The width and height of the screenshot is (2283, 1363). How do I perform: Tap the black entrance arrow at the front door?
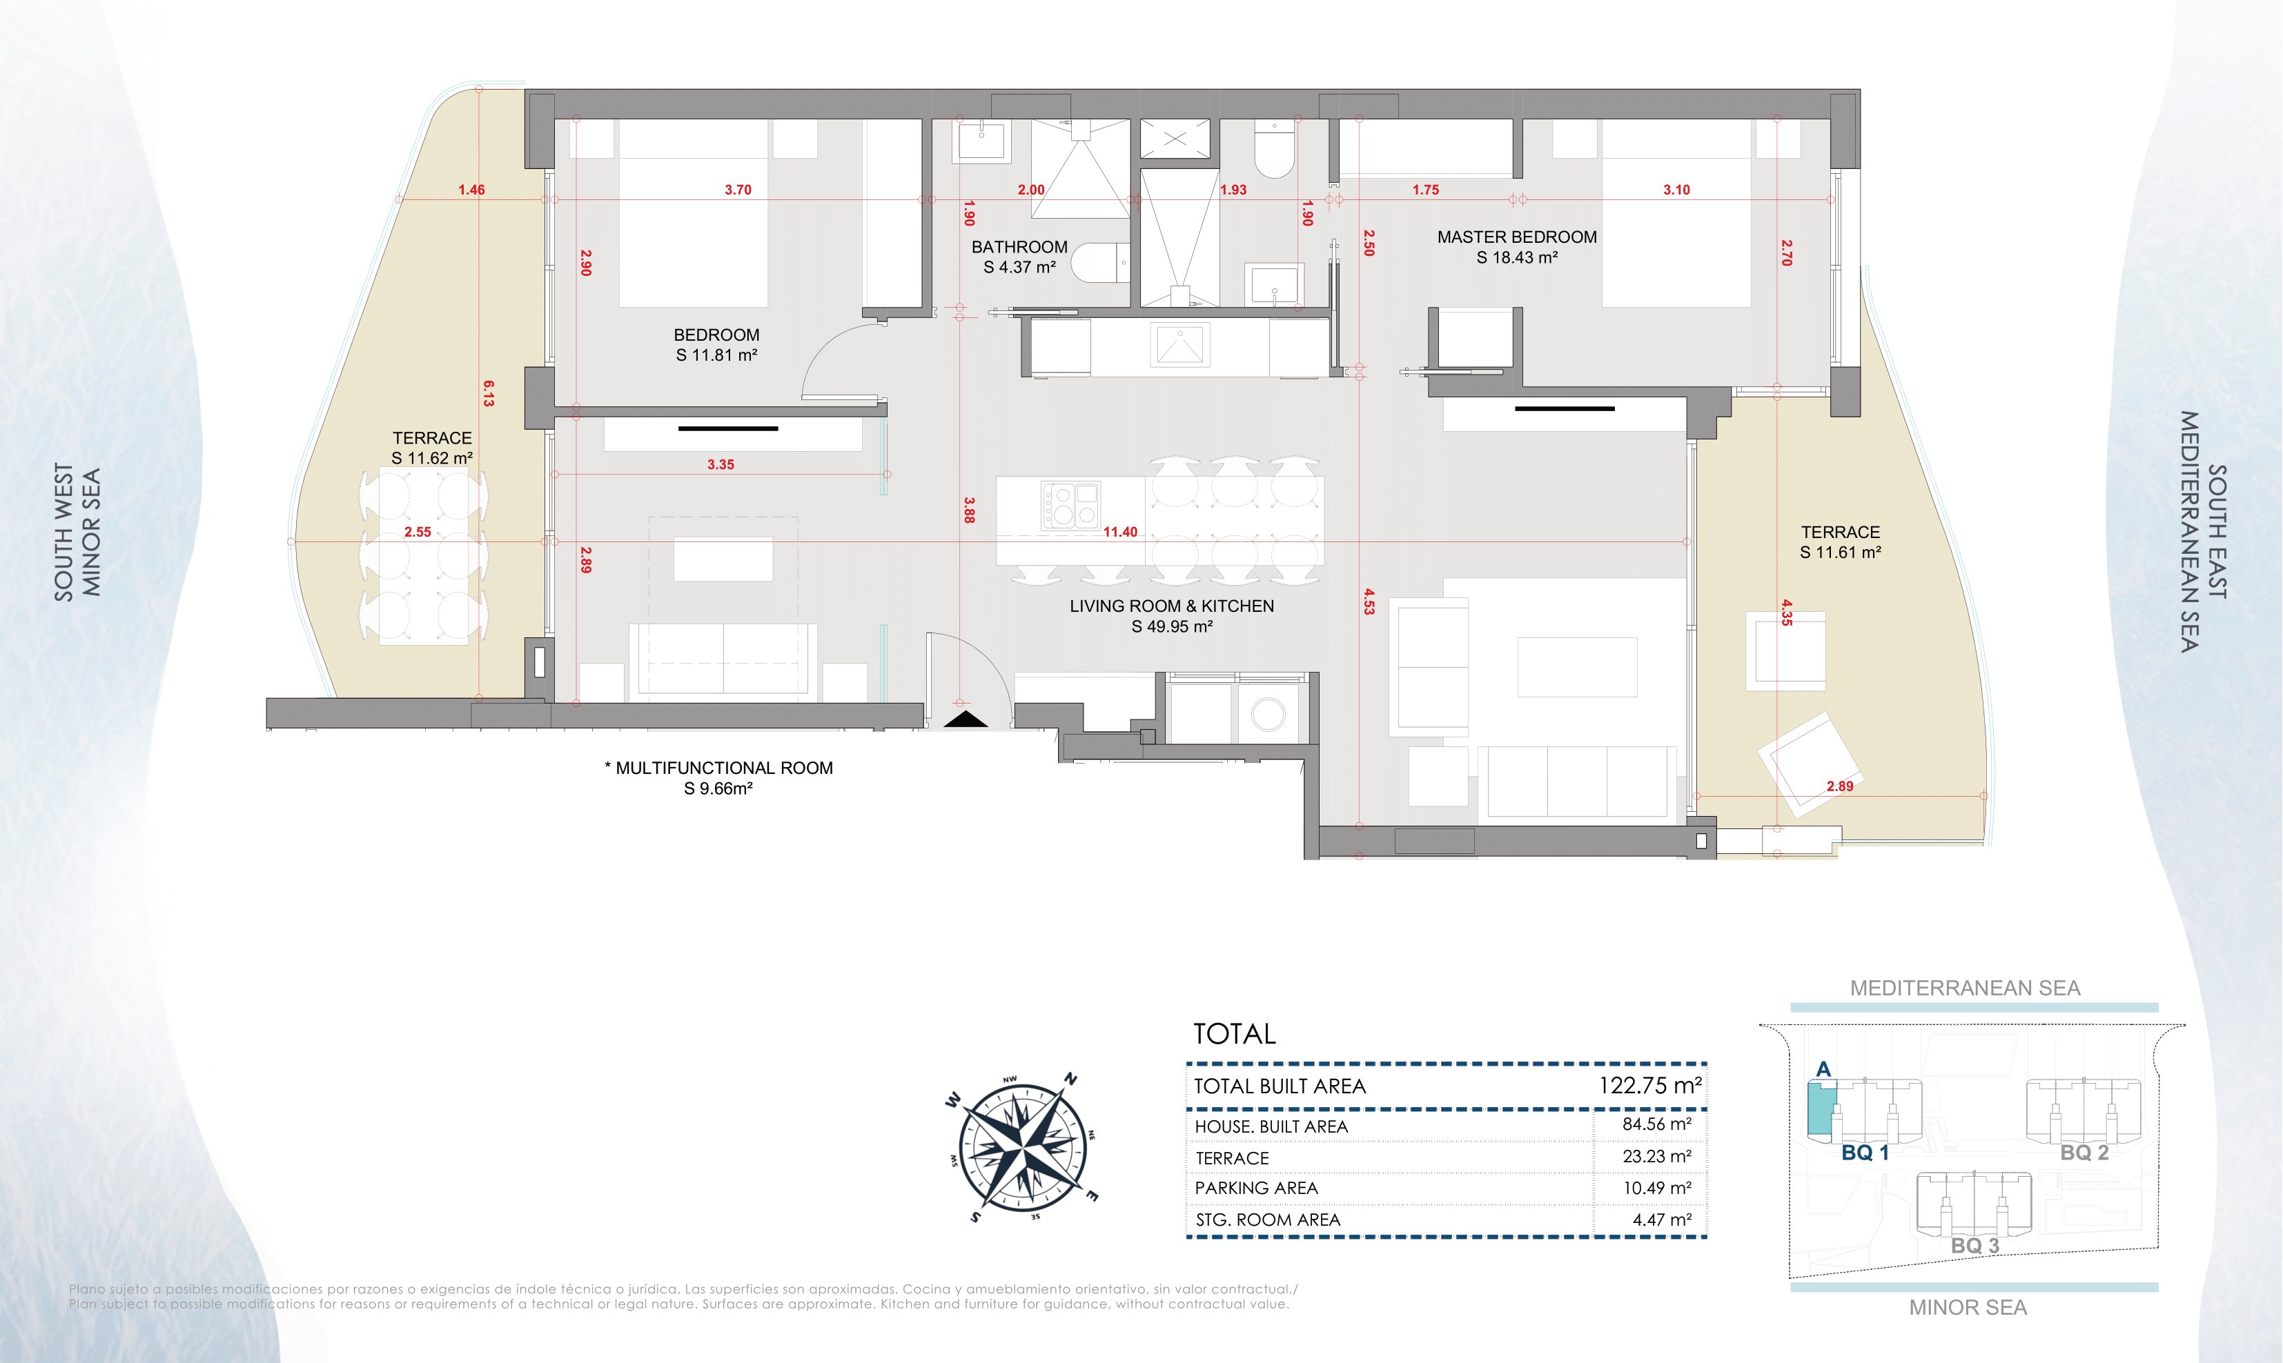pos(966,720)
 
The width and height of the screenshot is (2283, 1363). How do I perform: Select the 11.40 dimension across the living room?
pos(1120,532)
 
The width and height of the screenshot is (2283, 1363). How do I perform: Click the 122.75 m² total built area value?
pos(1650,1085)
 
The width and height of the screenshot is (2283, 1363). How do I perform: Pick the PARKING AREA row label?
pos(1256,1188)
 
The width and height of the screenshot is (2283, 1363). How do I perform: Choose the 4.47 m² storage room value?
pos(1662,1220)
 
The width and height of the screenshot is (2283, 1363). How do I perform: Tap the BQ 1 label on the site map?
pos(1865,1153)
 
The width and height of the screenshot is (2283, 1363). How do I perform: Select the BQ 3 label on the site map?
pos(1975,1246)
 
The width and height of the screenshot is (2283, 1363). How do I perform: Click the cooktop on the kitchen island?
pos(1070,506)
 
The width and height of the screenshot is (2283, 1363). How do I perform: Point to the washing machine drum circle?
pos(1268,715)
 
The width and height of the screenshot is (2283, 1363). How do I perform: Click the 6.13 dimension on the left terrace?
pos(488,394)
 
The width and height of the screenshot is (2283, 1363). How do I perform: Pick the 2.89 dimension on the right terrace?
pos(1839,786)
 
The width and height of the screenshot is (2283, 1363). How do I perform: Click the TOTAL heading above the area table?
pos(1234,1034)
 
